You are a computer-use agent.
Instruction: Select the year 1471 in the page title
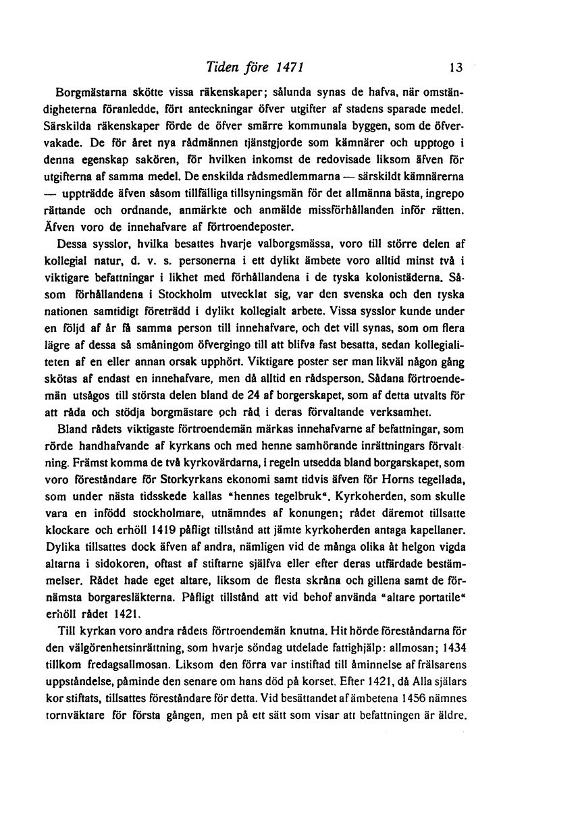tap(290, 67)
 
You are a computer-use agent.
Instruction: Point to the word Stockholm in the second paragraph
tap(172, 294)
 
